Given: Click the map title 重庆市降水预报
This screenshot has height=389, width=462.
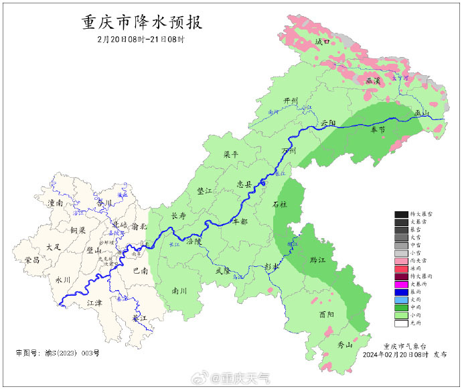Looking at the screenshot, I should click(x=141, y=22).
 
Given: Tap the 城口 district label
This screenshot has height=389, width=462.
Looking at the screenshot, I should click(x=323, y=42).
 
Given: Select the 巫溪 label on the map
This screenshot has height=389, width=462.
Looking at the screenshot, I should click(x=373, y=80).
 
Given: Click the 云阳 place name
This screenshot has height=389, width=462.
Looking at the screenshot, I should click(x=327, y=123).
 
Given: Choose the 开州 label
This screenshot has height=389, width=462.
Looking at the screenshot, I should click(x=290, y=101).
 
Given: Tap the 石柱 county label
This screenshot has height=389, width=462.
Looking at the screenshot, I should click(x=280, y=204).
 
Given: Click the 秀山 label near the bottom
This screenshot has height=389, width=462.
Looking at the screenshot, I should click(x=344, y=345).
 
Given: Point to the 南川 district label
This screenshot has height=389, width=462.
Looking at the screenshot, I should click(x=179, y=291).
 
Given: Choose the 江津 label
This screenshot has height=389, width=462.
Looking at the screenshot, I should click(x=96, y=303).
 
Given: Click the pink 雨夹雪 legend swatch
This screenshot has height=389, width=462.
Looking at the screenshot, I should click(x=401, y=260).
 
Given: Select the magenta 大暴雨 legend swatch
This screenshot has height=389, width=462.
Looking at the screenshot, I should click(x=401, y=284).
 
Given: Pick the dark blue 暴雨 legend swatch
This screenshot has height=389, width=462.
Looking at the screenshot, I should click(x=401, y=292).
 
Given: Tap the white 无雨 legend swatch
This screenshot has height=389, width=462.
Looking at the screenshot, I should click(x=401, y=323).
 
